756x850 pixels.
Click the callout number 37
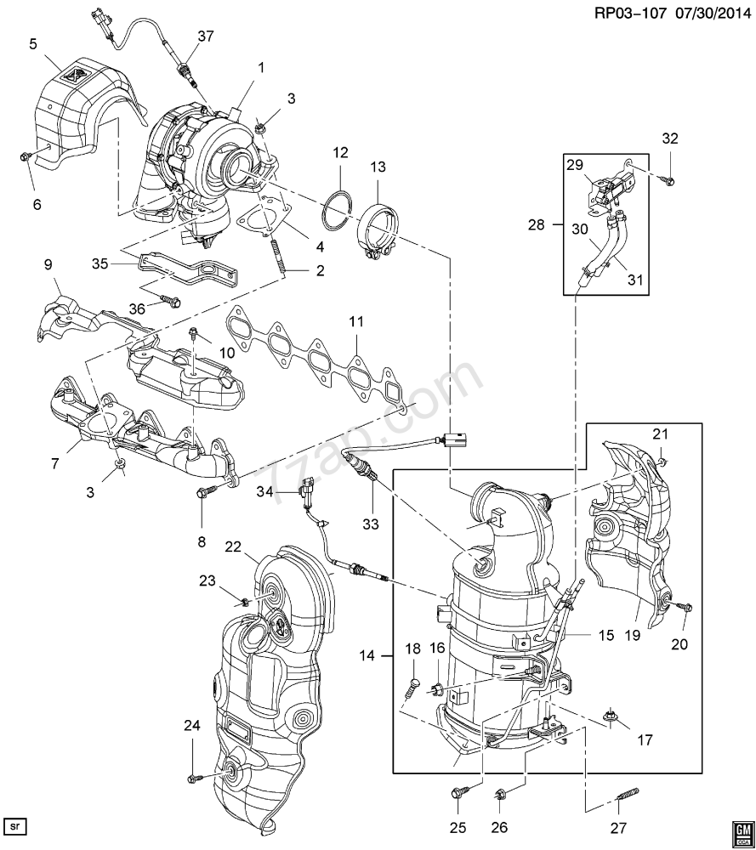(206, 35)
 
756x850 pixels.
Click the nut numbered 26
(500, 796)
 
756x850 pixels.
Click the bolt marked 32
(668, 179)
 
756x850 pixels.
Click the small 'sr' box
(14, 825)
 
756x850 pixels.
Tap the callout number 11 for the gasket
(355, 322)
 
